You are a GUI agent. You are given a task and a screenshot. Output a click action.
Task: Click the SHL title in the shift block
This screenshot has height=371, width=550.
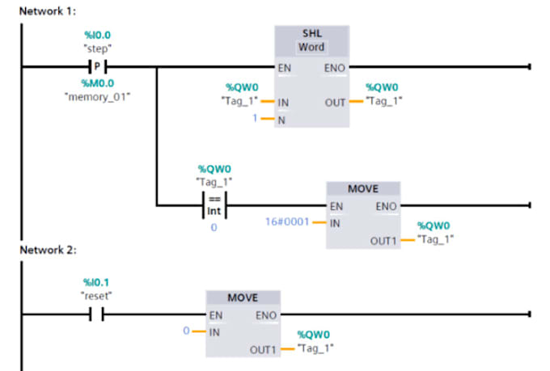pyautogui.click(x=311, y=33)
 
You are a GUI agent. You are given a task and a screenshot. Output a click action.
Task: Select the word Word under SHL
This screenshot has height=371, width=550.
pyautogui.click(x=311, y=47)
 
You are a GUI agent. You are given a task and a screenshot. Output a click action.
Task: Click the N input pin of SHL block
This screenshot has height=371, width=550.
pyautogui.click(x=282, y=120)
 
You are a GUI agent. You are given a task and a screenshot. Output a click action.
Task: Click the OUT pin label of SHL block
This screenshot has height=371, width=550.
pyautogui.click(x=336, y=103)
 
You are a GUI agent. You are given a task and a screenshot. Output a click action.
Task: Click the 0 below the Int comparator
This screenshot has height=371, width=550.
pyautogui.click(x=214, y=229)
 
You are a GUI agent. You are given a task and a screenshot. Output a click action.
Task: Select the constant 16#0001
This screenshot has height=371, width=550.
pyautogui.click(x=287, y=221)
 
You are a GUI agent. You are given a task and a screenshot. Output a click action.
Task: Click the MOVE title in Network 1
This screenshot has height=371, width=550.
pyautogui.click(x=362, y=188)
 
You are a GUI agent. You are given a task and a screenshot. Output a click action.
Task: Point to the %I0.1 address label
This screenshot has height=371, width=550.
pyautogui.click(x=95, y=282)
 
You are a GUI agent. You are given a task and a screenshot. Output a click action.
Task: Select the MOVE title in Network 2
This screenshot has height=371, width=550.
pyautogui.click(x=242, y=297)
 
